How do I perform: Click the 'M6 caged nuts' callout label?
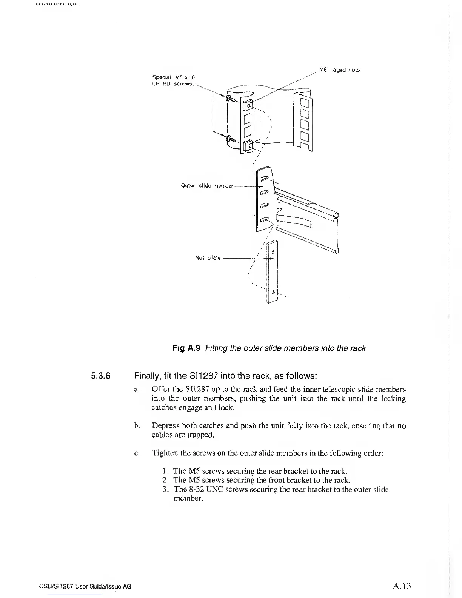click(x=339, y=70)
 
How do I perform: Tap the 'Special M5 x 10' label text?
click(x=168, y=77)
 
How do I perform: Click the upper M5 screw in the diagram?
click(x=230, y=99)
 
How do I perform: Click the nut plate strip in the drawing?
click(x=272, y=272)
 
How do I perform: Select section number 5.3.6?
click(x=100, y=376)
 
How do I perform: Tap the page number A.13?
click(x=401, y=586)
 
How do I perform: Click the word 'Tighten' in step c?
click(x=165, y=453)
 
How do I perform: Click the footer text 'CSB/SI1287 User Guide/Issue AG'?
click(x=85, y=586)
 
